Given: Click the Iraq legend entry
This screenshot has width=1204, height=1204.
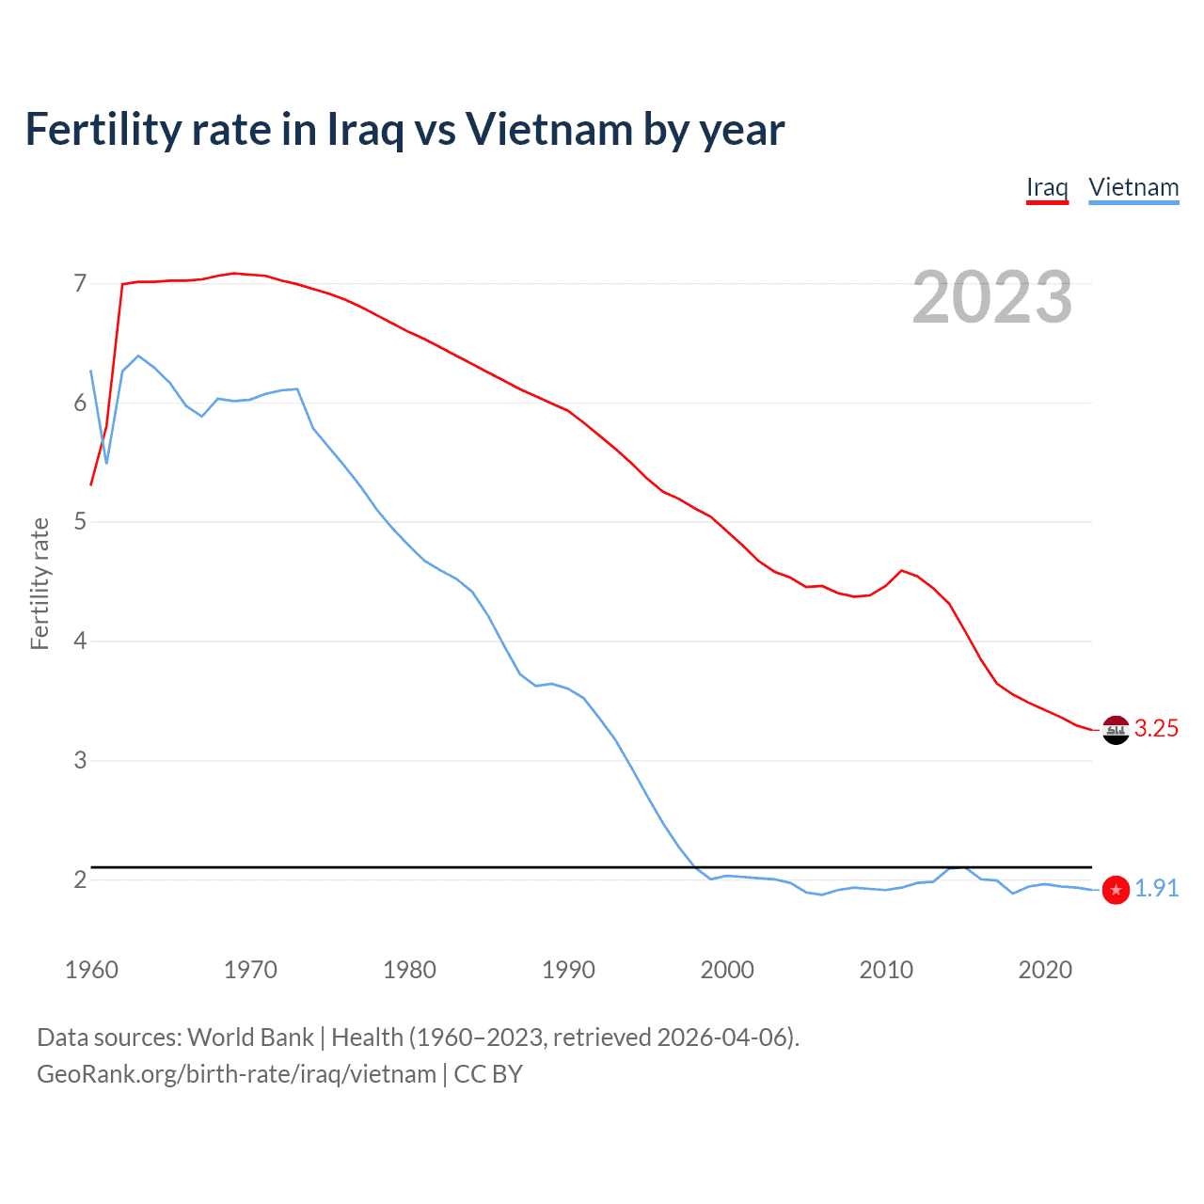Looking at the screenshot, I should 1047,187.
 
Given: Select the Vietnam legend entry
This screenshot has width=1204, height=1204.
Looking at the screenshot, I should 1133,187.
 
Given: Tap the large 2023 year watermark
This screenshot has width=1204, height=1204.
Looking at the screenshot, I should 991,297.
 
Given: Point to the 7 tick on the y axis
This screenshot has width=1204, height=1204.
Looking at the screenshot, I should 80,283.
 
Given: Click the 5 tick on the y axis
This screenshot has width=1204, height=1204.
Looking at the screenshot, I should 80,521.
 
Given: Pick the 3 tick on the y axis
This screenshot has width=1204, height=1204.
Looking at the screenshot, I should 80,760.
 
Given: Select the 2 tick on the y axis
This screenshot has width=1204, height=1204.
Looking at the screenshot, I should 80,879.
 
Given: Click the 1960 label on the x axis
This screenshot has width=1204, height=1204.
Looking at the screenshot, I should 91,970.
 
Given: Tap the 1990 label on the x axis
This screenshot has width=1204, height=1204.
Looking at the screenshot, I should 568,970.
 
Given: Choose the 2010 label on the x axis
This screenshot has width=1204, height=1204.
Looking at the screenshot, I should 886,970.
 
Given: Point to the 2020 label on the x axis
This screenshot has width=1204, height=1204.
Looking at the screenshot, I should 1045,970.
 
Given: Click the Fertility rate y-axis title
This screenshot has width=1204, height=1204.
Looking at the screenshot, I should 40,583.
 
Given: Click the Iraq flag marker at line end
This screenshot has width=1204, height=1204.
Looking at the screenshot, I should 1116,730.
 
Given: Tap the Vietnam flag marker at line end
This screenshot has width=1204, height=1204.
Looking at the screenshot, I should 1116,890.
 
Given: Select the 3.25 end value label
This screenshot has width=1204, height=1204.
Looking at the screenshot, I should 1156,729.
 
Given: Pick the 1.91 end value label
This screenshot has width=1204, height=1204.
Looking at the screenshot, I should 1156,889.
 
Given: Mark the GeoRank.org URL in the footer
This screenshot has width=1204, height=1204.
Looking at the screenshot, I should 236,1074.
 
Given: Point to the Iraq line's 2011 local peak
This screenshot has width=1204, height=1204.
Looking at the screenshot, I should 902,570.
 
